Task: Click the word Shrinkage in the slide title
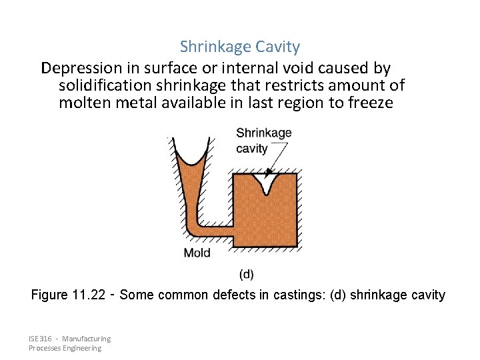point(211,47)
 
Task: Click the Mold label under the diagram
point(197,253)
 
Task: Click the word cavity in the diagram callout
point(251,148)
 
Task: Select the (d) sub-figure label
point(246,274)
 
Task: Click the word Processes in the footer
point(45,348)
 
